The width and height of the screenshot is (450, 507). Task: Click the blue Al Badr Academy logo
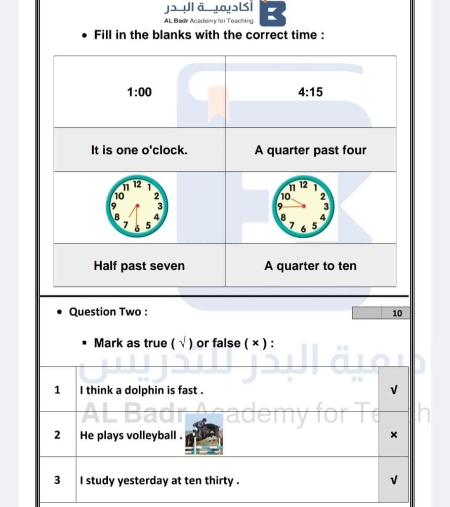(x=273, y=13)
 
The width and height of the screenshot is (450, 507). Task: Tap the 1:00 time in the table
(x=139, y=92)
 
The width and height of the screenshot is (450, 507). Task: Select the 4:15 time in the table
(x=310, y=92)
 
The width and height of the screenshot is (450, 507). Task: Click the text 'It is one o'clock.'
(x=139, y=150)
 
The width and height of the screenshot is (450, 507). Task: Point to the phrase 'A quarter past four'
(x=310, y=151)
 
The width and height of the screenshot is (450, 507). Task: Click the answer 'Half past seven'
(x=139, y=266)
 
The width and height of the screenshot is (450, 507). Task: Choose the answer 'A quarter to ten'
(x=310, y=266)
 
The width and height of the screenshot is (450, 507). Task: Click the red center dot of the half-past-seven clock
(x=138, y=206)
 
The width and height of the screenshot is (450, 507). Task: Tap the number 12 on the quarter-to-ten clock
(x=303, y=185)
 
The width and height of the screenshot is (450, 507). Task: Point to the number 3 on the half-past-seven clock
(x=160, y=206)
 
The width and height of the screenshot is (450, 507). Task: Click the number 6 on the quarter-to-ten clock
(x=303, y=229)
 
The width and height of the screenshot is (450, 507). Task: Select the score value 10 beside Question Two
(x=397, y=313)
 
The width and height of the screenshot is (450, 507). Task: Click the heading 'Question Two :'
(x=108, y=312)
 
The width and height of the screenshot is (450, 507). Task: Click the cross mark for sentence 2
(x=394, y=434)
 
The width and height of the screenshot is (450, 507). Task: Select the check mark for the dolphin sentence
(x=394, y=390)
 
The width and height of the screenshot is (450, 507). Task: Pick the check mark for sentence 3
(x=394, y=480)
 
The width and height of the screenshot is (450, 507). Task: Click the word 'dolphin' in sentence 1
(x=142, y=390)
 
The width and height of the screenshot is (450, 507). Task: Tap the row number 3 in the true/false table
(x=58, y=480)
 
